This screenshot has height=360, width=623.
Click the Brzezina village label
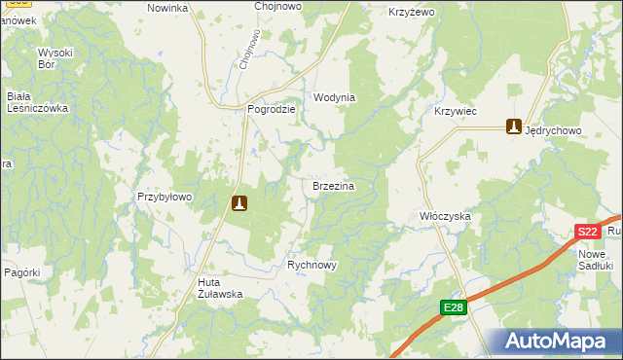pyautogui.click(x=332, y=185)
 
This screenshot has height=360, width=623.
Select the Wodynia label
pyautogui.click(x=334, y=98)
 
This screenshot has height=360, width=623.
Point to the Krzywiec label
pyautogui.click(x=455, y=112)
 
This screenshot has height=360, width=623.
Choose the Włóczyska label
pyautogui.click(x=445, y=215)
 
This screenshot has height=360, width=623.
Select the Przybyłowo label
pyautogui.click(x=165, y=197)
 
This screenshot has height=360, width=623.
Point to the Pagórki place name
pyautogui.click(x=19, y=273)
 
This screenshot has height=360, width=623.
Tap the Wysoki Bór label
pyautogui.click(x=55, y=58)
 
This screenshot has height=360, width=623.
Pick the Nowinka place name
pyautogui.click(x=166, y=8)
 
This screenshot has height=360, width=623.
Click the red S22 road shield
pyautogui.click(x=587, y=232)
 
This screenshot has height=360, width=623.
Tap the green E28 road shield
pyautogui.click(x=454, y=308)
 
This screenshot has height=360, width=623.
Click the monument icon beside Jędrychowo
pyautogui.click(x=513, y=126)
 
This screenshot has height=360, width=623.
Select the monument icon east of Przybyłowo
pyautogui.click(x=239, y=203)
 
